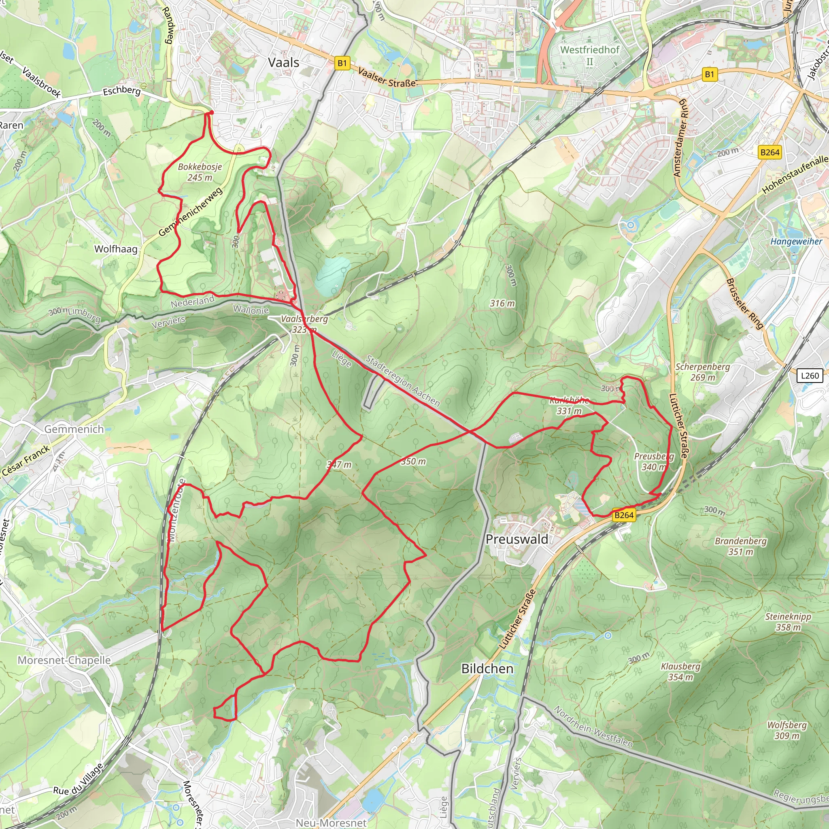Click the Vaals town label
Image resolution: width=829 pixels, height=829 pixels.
(x=283, y=63)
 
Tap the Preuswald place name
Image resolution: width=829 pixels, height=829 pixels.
(x=517, y=539)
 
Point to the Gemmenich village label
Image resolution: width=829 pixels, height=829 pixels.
(x=74, y=429)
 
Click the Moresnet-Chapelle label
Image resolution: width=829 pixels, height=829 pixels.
(x=64, y=660)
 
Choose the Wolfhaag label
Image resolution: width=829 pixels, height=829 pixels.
(x=116, y=249)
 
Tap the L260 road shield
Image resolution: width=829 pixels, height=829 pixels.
(x=810, y=376)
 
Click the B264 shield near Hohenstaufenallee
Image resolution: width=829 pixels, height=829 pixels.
(x=769, y=152)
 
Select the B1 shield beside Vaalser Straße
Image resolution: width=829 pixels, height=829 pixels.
(x=342, y=64)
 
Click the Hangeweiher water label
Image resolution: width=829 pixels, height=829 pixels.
(x=796, y=242)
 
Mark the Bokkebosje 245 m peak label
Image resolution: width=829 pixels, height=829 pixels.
(x=200, y=172)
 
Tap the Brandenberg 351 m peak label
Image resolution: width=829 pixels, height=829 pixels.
(x=741, y=546)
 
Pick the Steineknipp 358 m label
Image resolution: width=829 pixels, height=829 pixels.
(x=788, y=622)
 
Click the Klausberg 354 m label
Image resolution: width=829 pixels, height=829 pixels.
(x=680, y=672)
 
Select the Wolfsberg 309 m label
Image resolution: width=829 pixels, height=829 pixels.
(x=787, y=730)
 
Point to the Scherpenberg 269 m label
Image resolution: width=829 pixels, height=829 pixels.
(x=702, y=372)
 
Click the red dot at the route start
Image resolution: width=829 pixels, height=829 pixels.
(x=211, y=113)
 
